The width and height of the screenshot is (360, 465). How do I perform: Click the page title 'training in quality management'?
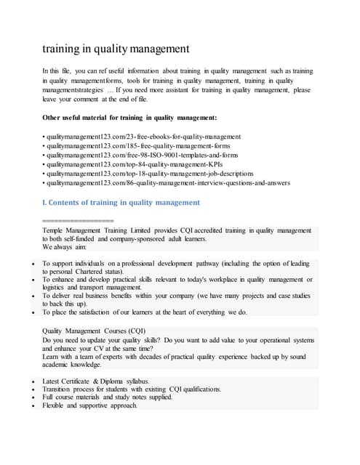coord(116,49)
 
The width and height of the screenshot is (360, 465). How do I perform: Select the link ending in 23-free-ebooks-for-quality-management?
coord(142,136)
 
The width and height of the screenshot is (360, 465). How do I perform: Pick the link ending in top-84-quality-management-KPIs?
coord(132,164)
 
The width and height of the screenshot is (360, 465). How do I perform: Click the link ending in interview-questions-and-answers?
coord(167,183)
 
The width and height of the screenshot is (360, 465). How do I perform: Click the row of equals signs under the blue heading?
coord(78,219)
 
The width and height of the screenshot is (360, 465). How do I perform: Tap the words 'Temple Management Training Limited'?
coord(99,230)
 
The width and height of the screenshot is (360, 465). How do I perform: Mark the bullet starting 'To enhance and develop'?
coord(175,279)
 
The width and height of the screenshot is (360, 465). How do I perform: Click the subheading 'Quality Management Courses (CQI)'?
coord(95,331)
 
